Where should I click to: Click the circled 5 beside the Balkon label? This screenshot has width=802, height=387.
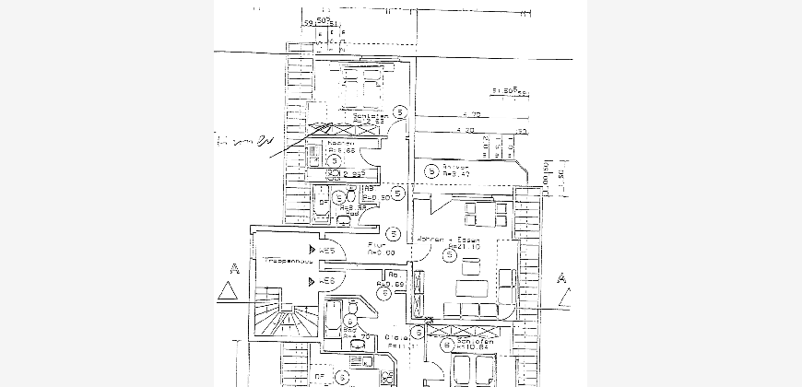(x=431, y=170)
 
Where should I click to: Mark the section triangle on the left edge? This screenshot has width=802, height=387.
(x=228, y=293)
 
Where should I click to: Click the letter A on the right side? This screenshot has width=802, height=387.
(x=562, y=277)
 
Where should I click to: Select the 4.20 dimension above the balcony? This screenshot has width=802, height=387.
(x=466, y=132)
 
